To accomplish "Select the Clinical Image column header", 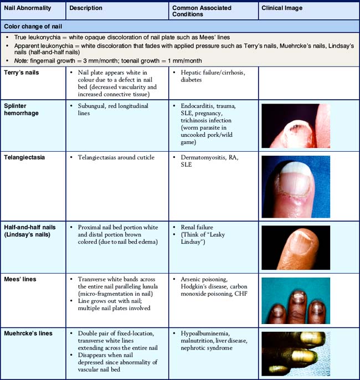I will coord(282,8).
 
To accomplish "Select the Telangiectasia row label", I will coord(27,157).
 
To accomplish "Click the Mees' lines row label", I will coord(20,279).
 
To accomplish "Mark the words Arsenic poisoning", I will coord(206,279).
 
